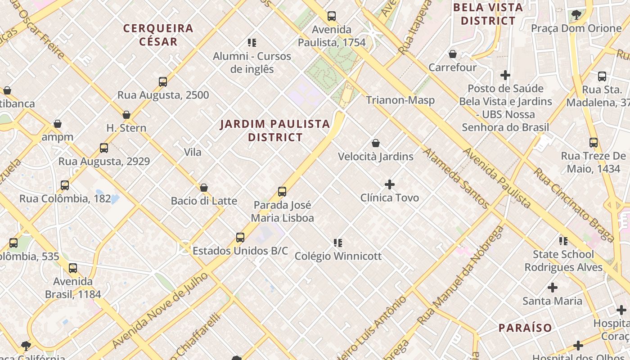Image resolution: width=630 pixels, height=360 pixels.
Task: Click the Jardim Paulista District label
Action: (275, 130)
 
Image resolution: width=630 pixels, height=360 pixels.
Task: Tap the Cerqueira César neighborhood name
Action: (158, 35)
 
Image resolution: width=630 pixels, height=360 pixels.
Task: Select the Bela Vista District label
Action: (488, 14)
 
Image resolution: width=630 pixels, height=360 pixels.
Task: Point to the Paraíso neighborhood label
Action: (525, 328)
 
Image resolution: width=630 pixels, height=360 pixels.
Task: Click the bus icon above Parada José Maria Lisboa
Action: (282, 192)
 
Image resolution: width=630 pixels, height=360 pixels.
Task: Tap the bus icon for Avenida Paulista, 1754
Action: (332, 16)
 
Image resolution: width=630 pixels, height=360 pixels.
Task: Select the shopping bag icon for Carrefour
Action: (453, 54)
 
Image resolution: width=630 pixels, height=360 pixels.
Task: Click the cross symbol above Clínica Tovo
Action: (390, 184)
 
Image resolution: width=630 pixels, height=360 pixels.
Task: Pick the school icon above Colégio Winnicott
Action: (338, 243)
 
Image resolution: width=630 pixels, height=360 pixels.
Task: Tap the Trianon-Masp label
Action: (400, 100)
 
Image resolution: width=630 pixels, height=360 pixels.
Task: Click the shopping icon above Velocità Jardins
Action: (376, 144)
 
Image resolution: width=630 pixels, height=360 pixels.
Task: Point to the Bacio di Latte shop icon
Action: (204, 188)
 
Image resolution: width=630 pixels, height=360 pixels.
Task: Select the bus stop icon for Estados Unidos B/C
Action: (240, 237)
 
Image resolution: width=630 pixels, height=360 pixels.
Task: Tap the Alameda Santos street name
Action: (456, 179)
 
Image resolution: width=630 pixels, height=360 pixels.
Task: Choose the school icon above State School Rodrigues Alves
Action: (563, 241)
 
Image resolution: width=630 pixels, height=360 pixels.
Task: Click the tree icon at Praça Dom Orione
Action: (576, 15)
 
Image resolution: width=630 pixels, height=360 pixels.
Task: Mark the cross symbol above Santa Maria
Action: (553, 288)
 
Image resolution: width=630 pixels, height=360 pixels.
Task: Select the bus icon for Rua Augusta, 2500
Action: (163, 82)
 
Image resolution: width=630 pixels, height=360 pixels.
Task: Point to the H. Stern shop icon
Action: (126, 115)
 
